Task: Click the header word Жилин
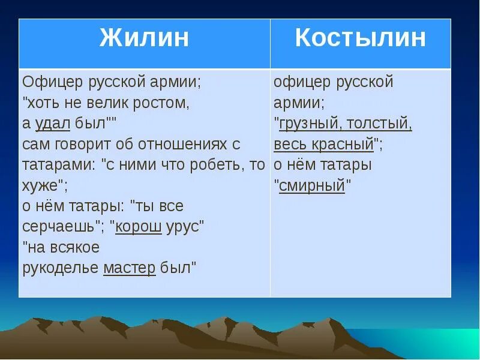pos(144,38)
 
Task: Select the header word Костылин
pos(361,38)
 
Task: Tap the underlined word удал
pos(53,124)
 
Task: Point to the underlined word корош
pos(139,227)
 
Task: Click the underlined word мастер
pos(130,268)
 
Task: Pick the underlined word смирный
pos(312,185)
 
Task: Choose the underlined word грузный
pos(308,124)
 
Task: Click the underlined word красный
pos(343,145)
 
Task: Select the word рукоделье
pos(61,268)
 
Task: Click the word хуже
pos(40,185)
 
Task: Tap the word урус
pos(182,227)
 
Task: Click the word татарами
pos(57,165)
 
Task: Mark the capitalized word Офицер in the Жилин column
pos(53,82)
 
